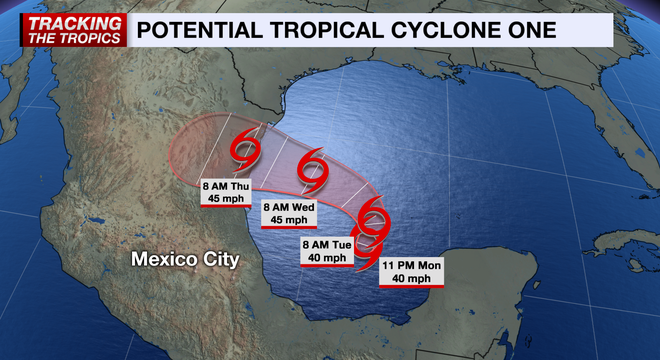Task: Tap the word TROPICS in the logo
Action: click(97, 38)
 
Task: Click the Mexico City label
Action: click(186, 260)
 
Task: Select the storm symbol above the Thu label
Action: click(246, 151)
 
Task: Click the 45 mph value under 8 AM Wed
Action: click(289, 219)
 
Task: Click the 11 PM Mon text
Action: click(411, 264)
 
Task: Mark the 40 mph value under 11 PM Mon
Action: click(411, 278)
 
